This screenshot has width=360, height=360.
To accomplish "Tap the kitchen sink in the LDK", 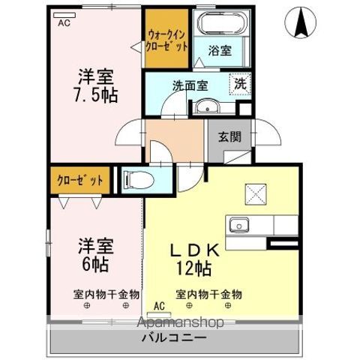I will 241,224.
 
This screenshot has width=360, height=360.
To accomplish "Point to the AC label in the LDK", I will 158,305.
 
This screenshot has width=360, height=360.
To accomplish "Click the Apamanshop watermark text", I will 180,323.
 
